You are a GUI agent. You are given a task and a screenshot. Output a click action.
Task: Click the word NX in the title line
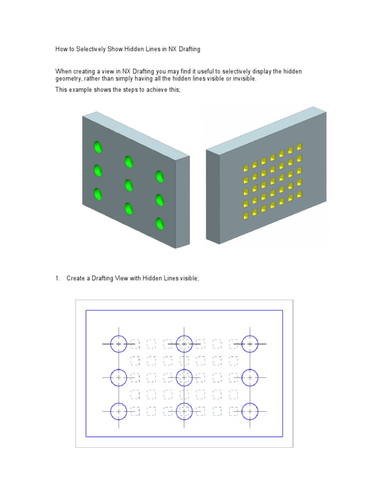click(x=172, y=49)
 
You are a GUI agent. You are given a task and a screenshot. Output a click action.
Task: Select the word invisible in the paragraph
click(x=244, y=78)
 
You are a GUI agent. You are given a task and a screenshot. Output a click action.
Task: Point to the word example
click(x=80, y=90)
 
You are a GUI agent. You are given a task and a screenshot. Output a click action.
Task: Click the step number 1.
click(x=57, y=278)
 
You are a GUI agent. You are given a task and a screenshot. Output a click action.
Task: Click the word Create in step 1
click(x=76, y=278)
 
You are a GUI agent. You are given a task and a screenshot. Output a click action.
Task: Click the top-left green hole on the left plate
click(x=98, y=147)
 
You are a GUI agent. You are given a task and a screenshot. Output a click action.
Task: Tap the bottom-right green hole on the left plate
click(x=160, y=223)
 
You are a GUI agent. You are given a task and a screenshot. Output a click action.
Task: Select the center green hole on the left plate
click(x=129, y=185)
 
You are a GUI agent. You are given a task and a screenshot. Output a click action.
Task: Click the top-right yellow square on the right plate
click(x=299, y=147)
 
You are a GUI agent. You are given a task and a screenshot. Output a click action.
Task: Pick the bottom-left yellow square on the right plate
click(x=246, y=216)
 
